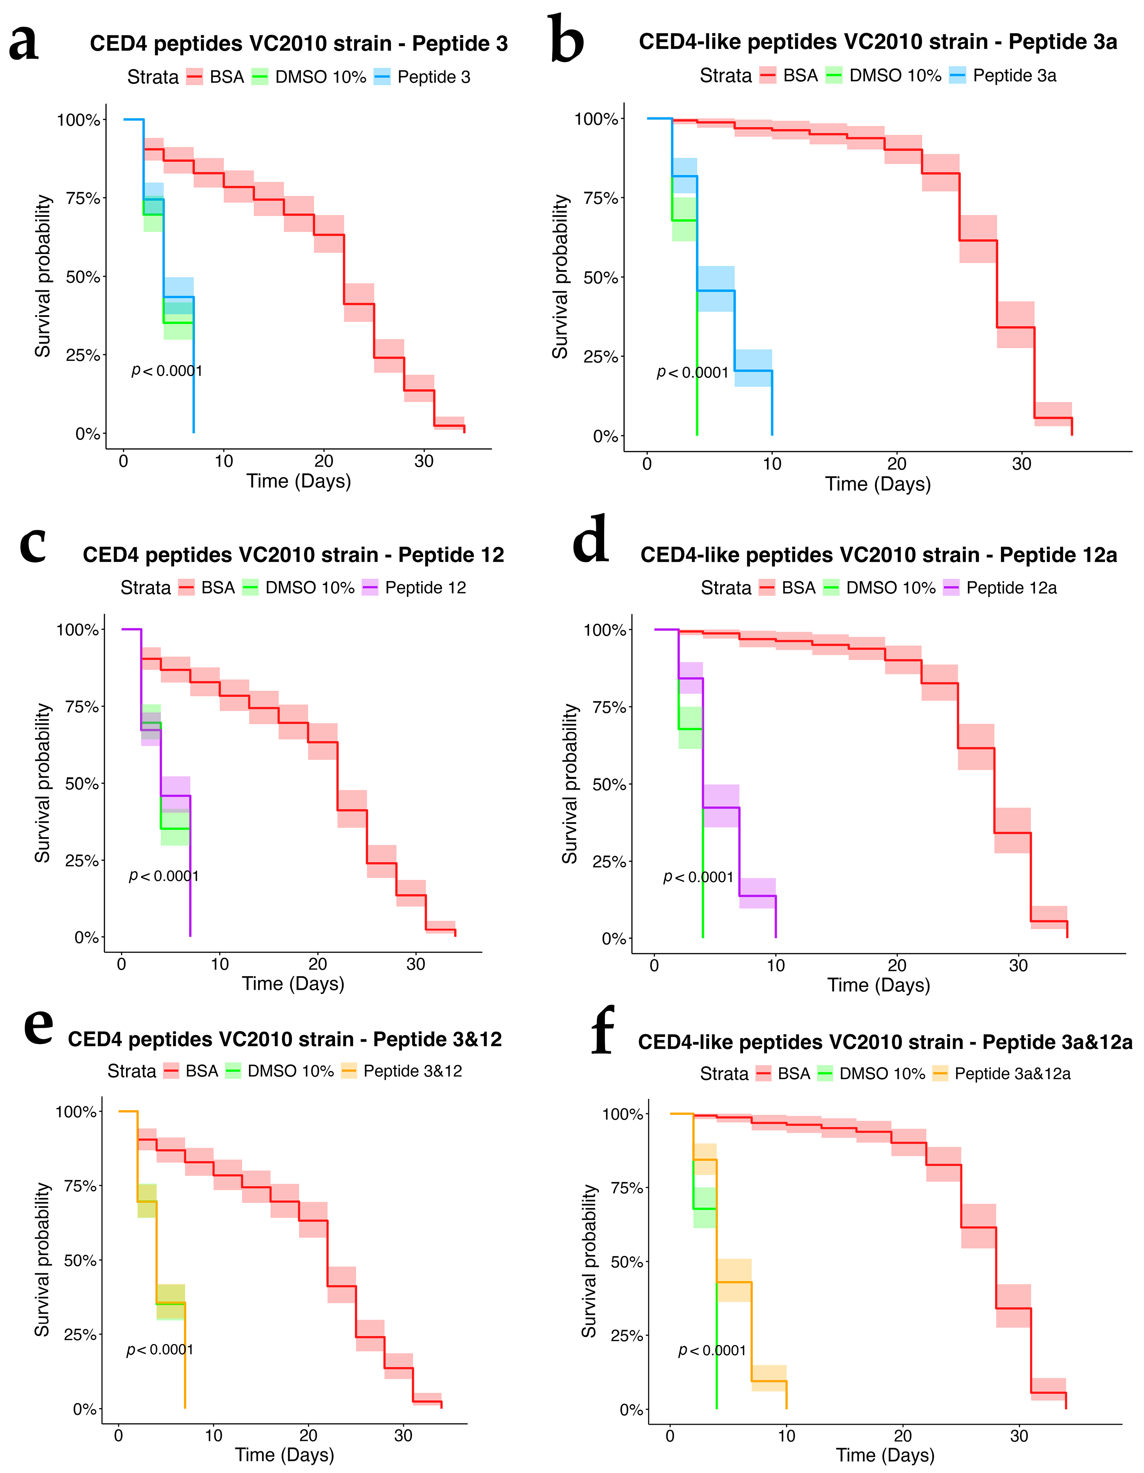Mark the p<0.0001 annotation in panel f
point(712,1350)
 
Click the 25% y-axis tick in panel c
point(81,861)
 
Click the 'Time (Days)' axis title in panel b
point(878,484)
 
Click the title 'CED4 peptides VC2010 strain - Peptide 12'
point(293,555)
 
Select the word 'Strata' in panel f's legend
point(724,1074)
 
